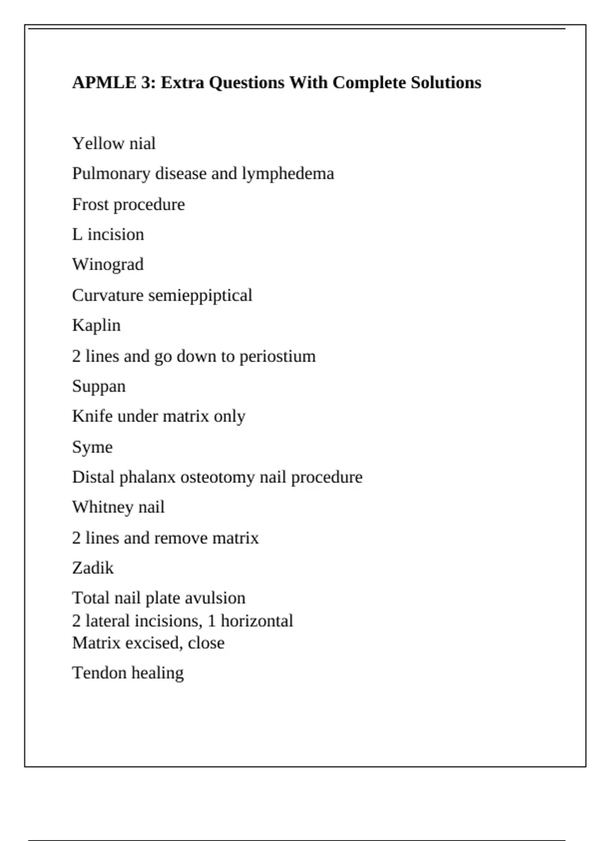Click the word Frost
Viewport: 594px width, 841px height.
[x=90, y=204]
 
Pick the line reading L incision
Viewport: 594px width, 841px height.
[x=108, y=234]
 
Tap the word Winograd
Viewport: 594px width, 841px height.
[x=108, y=265]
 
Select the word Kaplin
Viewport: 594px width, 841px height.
[x=96, y=326]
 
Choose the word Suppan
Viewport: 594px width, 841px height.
[x=99, y=386]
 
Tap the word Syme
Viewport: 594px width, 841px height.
[x=92, y=447]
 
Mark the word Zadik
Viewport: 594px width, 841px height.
[x=93, y=568]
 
